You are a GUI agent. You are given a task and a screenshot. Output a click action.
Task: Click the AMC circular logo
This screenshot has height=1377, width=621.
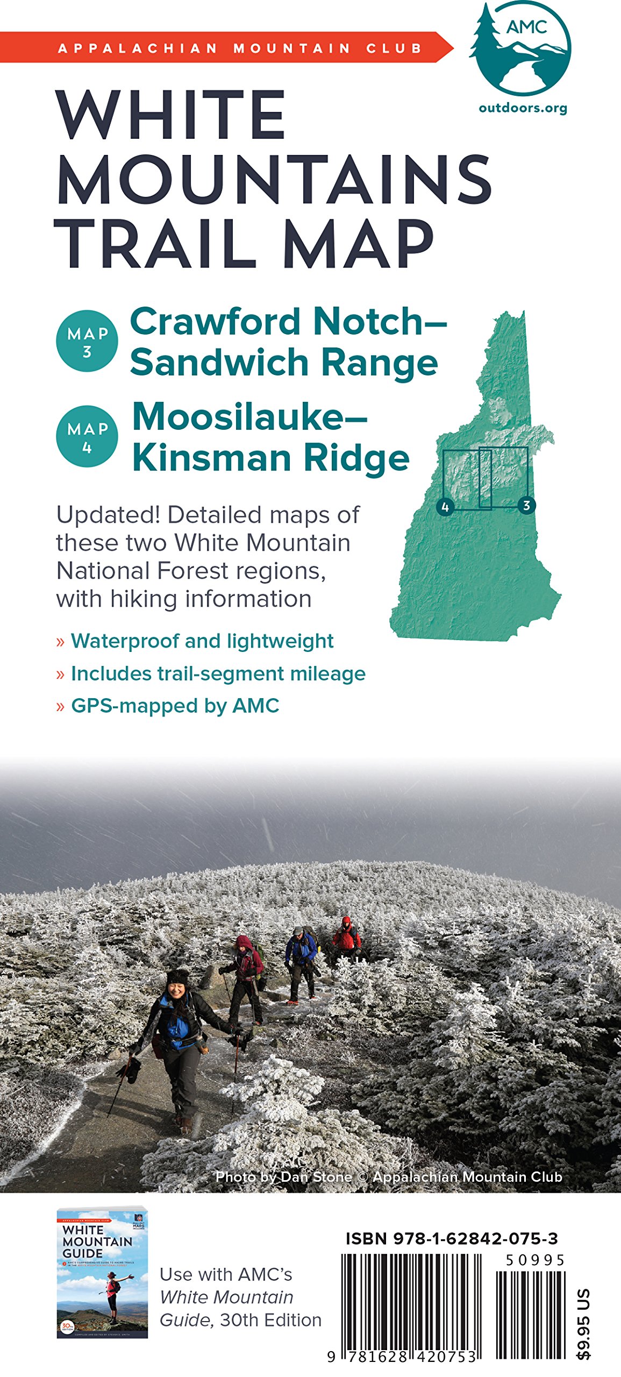(x=520, y=48)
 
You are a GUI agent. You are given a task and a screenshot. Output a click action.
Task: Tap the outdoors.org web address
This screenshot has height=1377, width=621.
(x=523, y=108)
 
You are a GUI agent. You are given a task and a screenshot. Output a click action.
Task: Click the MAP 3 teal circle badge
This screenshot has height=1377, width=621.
(x=87, y=341)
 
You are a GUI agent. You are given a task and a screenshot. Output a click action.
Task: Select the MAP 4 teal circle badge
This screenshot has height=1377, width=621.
(x=87, y=436)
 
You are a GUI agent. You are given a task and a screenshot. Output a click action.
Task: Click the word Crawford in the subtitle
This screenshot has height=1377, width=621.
(x=218, y=322)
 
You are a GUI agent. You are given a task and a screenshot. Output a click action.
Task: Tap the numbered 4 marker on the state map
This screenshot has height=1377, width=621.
(x=445, y=507)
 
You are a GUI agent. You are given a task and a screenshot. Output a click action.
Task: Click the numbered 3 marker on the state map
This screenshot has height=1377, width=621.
(x=526, y=506)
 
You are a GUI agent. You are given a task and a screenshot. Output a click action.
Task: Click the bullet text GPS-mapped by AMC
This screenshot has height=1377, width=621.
(x=175, y=706)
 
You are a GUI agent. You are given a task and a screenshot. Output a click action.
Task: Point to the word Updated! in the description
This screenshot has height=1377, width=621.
(x=108, y=515)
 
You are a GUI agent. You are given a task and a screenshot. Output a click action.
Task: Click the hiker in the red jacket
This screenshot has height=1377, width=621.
(x=346, y=935)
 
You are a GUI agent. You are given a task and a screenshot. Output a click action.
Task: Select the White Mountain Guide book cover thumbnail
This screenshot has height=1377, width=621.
(x=102, y=1273)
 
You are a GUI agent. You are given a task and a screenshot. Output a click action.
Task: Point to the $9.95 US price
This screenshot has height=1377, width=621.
(x=584, y=1323)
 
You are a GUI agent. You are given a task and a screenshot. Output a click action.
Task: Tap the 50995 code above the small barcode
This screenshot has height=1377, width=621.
(x=535, y=1260)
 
